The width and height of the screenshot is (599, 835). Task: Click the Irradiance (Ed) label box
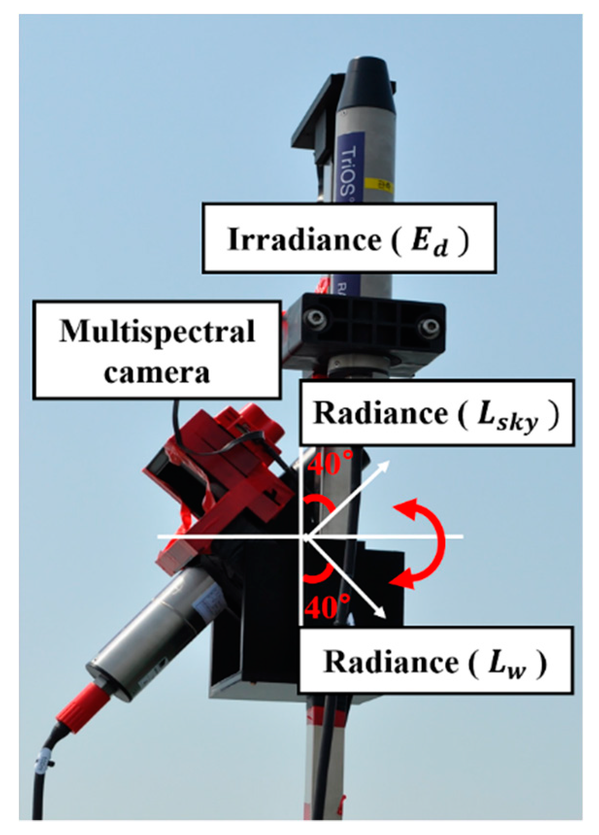(x=349, y=238)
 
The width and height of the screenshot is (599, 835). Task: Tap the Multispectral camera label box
(x=156, y=350)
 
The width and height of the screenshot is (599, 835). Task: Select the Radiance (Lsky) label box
(x=436, y=413)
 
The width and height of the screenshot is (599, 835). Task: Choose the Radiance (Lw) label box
(x=435, y=661)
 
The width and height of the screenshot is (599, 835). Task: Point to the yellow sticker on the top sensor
(x=379, y=185)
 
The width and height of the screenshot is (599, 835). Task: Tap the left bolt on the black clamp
(x=316, y=318)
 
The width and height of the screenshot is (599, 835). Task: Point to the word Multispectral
(x=156, y=332)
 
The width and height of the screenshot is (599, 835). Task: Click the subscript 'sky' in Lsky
(x=520, y=421)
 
